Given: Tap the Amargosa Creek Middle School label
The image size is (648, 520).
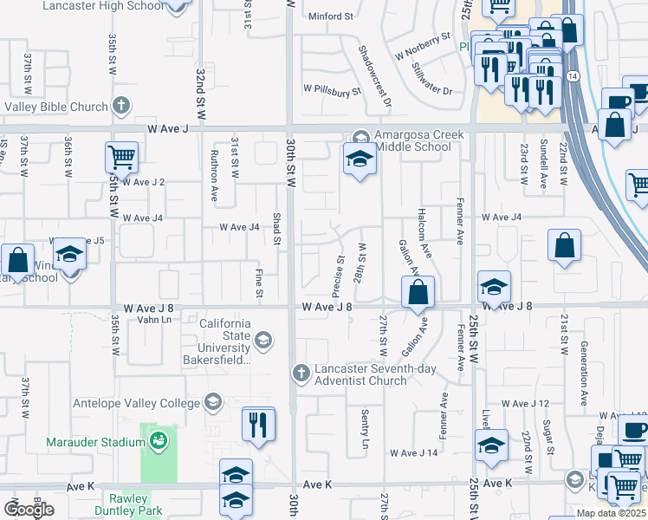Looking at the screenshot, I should (x=413, y=140).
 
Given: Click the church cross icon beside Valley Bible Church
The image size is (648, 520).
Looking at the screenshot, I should (x=121, y=107).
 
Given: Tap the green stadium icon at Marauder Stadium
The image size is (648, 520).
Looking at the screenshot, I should (x=159, y=442).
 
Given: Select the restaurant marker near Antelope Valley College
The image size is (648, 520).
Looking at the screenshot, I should (x=258, y=424).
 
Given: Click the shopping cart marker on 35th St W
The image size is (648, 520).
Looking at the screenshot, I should (x=121, y=158).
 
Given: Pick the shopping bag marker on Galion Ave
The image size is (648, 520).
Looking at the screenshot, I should (x=418, y=292).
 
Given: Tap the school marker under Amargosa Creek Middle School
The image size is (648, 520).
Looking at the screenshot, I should (x=360, y=159).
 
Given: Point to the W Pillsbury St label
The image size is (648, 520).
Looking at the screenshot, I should (x=331, y=90).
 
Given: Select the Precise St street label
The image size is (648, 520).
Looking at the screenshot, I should (x=340, y=270).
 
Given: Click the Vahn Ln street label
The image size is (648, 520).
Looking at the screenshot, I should (x=154, y=320).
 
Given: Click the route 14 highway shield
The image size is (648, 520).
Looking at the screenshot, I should (x=573, y=76).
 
